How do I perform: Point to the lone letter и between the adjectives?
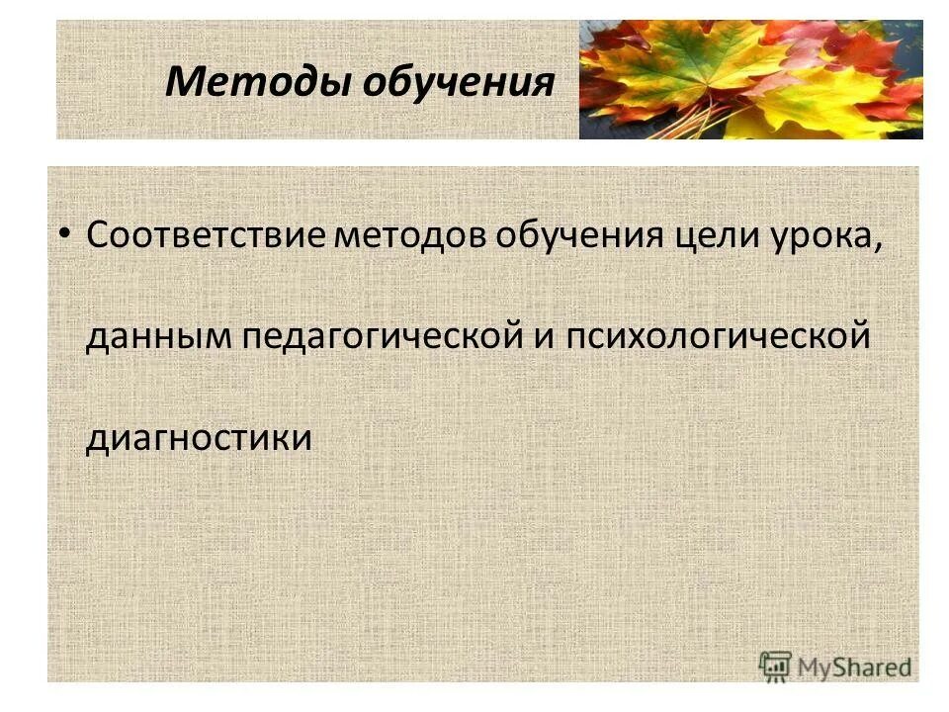tap(543, 336)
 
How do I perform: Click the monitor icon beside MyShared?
tap(776, 665)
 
